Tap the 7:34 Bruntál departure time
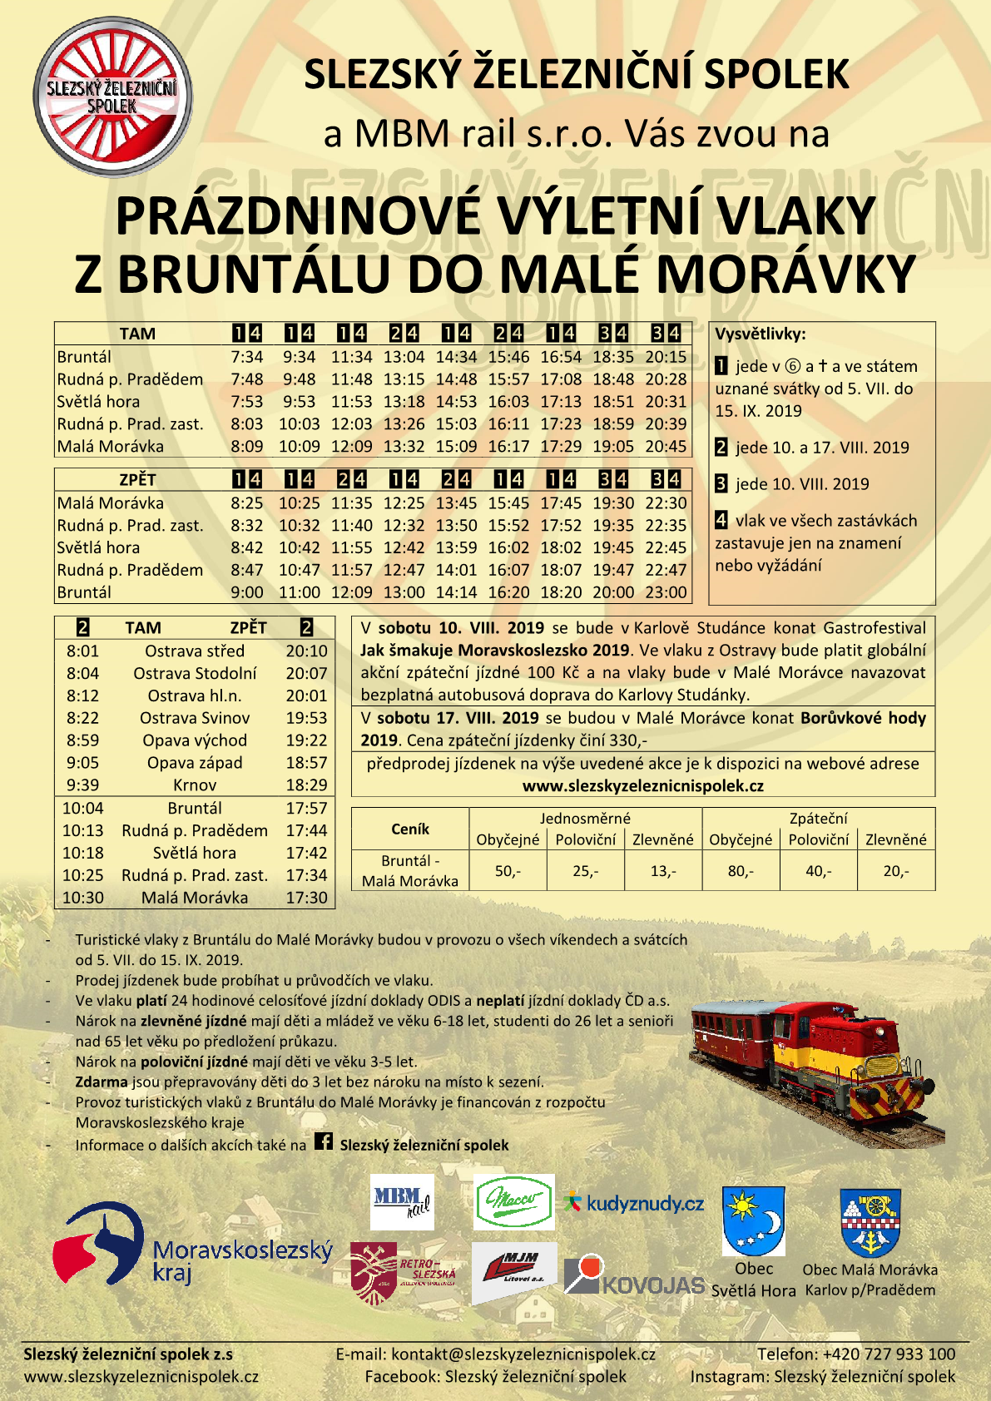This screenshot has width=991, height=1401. (x=246, y=357)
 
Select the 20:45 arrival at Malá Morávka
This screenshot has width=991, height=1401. (x=666, y=447)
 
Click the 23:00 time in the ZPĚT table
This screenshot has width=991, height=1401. (x=666, y=592)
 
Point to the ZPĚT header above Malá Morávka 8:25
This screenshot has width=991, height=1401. (x=137, y=480)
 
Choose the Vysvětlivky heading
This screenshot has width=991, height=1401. (x=761, y=334)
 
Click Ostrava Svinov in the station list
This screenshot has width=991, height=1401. (x=195, y=718)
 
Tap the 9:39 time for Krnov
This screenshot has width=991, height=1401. (x=82, y=785)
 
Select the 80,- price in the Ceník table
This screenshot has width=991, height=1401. (x=741, y=871)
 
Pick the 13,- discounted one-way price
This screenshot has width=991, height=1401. (x=663, y=871)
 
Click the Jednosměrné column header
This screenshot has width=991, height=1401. (x=585, y=819)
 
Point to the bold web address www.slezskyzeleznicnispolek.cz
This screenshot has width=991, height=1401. (x=642, y=786)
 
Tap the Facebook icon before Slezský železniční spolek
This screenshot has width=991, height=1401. (x=324, y=1142)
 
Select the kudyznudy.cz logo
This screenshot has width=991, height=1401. (x=634, y=1204)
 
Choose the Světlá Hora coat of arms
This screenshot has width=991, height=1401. (x=753, y=1220)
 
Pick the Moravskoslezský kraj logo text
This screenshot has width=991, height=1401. (x=242, y=1260)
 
